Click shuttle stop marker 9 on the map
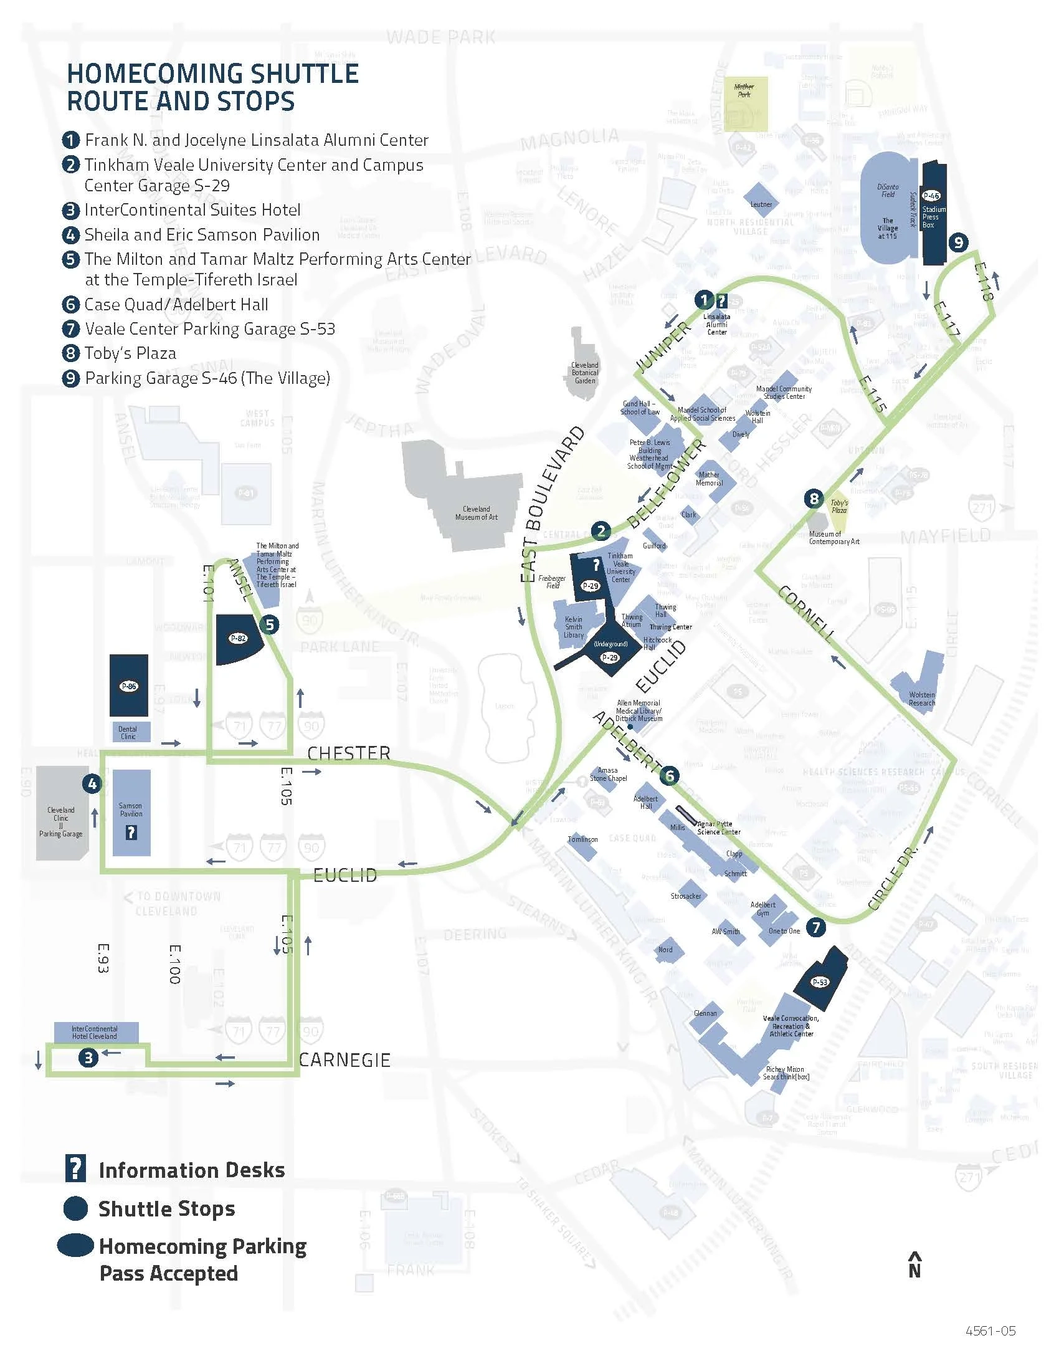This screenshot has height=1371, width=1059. click(x=957, y=242)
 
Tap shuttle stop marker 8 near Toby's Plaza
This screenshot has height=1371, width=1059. click(x=814, y=499)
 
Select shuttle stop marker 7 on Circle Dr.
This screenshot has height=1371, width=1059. click(x=815, y=927)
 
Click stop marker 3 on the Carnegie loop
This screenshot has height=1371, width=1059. click(x=88, y=1058)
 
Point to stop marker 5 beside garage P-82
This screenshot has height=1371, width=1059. click(x=270, y=624)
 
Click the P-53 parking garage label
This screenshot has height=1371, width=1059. click(x=820, y=982)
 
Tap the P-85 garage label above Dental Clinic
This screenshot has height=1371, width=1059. click(x=128, y=686)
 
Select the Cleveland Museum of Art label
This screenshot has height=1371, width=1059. click(x=476, y=513)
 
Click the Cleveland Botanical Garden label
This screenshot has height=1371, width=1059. click(x=585, y=372)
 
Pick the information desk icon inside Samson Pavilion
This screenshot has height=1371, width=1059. click(x=131, y=833)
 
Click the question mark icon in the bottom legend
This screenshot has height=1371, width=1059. click(x=75, y=1169)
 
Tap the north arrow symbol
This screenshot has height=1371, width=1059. click(x=914, y=1265)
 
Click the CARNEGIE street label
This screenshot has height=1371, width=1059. click(x=344, y=1060)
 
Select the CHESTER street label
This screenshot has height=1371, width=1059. click(x=349, y=753)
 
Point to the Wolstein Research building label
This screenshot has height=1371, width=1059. click(x=921, y=699)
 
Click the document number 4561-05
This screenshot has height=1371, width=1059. click(x=990, y=1347)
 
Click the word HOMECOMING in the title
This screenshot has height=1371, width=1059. click(x=149, y=74)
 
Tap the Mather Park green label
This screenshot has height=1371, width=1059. click(x=744, y=90)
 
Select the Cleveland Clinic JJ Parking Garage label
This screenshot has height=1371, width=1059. click(x=61, y=822)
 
